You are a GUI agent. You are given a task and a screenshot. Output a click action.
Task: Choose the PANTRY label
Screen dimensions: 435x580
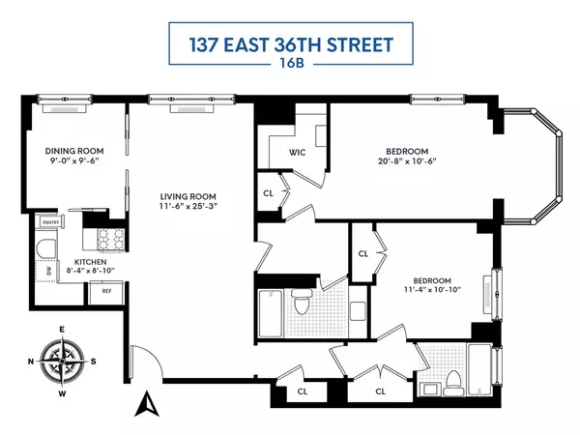51,222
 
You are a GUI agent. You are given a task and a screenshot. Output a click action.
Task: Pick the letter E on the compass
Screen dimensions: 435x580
62,331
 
